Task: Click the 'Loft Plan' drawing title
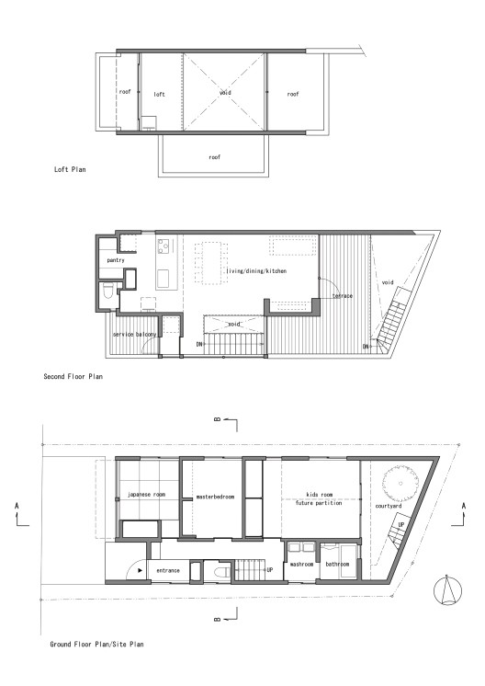(x=71, y=169)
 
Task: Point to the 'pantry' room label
(x=115, y=260)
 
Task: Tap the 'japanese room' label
(x=146, y=493)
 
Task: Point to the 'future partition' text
(x=318, y=504)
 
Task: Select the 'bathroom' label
(x=335, y=562)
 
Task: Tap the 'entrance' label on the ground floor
(x=168, y=571)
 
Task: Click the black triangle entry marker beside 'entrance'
(x=140, y=570)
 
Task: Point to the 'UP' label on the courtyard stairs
(x=400, y=524)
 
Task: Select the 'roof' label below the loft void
(x=214, y=157)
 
